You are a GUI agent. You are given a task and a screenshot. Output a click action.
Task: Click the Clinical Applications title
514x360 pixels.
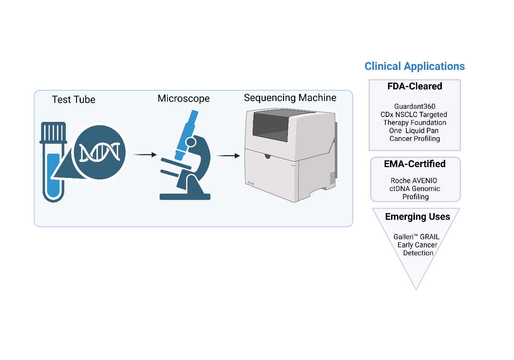point(415,67)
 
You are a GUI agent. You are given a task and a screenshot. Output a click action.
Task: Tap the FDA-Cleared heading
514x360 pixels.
point(415,86)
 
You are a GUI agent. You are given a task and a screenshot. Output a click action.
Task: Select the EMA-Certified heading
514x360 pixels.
point(415,164)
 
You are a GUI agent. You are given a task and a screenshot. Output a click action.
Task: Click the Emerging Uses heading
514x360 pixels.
point(418,217)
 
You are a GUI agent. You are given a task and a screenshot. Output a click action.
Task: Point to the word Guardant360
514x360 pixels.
point(415,107)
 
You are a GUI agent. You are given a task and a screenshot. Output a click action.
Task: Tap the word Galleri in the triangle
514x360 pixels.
point(403,237)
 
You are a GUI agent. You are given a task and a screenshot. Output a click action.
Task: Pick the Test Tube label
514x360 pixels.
point(74,100)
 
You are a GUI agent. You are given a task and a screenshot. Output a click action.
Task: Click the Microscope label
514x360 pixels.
point(184,99)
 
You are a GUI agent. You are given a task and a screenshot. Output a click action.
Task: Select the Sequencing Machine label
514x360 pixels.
point(290,98)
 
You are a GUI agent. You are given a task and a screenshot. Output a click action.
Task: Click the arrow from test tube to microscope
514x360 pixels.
point(145,154)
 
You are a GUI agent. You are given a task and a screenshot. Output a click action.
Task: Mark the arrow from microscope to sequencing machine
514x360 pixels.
point(228,156)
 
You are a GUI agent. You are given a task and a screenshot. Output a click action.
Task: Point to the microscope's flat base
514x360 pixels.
point(185,197)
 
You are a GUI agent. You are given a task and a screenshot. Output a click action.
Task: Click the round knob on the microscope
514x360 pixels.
point(191,142)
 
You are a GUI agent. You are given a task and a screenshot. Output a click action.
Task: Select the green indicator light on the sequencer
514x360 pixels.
point(293,165)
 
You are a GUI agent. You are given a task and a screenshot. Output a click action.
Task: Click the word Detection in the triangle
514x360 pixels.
point(418,253)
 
